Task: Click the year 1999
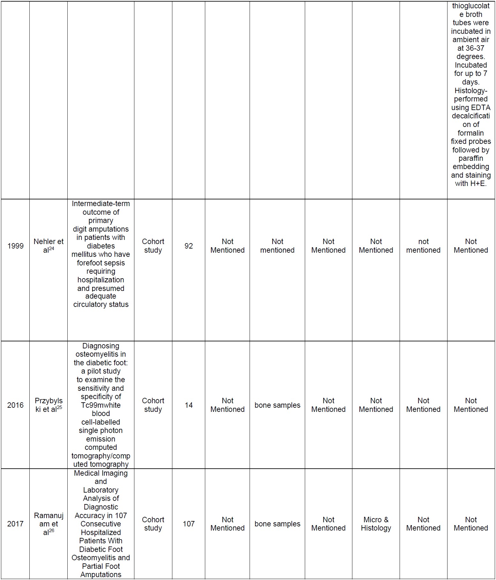(15, 246)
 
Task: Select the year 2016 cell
(15, 405)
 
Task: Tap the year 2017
(15, 524)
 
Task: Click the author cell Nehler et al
(49, 246)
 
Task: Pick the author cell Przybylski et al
(49, 405)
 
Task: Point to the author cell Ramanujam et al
(49, 524)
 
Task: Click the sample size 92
(189, 246)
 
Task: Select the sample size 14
(189, 405)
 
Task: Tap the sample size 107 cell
(189, 524)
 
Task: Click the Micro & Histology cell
(376, 524)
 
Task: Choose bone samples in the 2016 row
(277, 405)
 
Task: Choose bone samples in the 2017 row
(277, 524)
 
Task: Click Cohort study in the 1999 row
(153, 246)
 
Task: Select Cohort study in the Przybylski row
(153, 405)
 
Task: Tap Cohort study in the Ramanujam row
(153, 524)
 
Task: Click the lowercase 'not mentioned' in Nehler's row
(423, 246)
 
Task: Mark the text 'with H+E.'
(471, 183)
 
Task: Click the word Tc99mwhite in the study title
(101, 405)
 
